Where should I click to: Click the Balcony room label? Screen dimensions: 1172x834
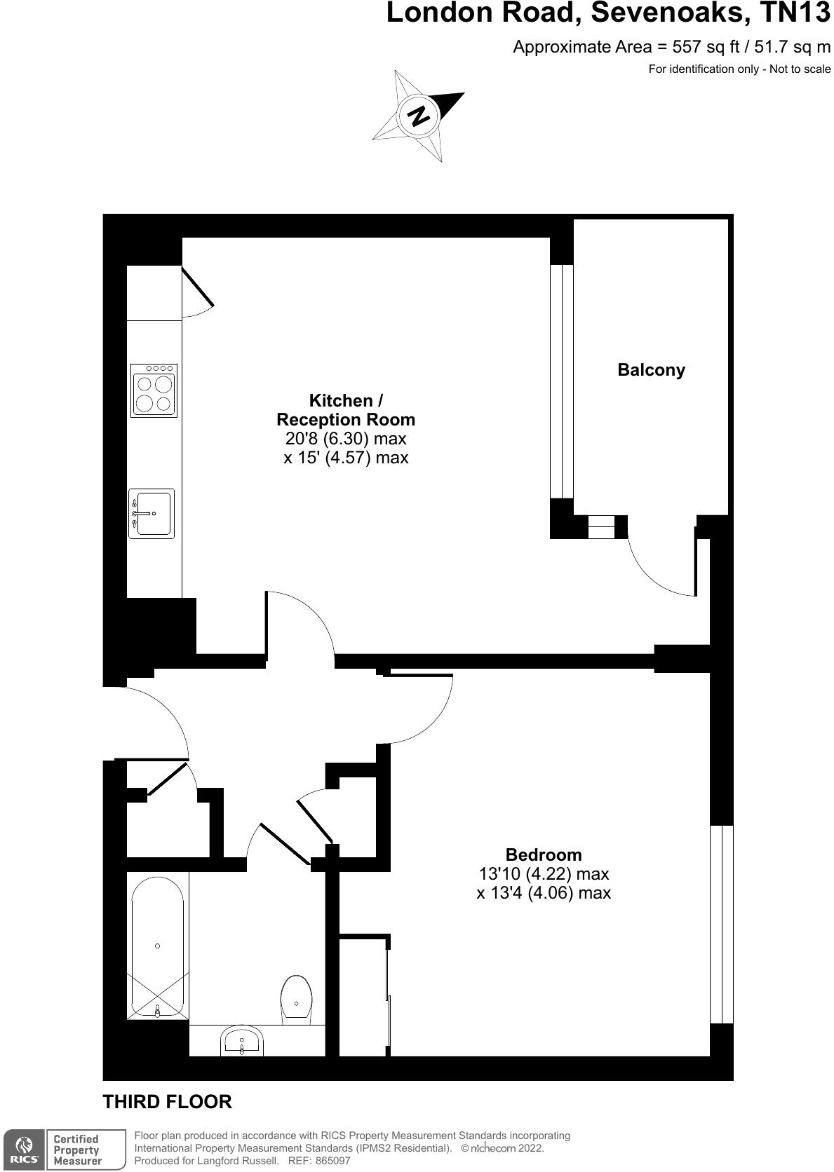(x=650, y=370)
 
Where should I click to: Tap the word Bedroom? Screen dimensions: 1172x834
(x=544, y=854)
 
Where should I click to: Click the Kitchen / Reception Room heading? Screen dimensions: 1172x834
(x=346, y=410)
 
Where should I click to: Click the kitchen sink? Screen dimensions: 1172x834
(x=151, y=514)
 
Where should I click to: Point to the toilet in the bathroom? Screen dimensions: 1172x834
(x=296, y=1000)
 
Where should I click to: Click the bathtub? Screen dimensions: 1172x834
(x=157, y=946)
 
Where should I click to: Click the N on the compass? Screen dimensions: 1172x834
(x=419, y=116)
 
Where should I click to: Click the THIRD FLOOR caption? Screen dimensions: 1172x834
(x=167, y=1102)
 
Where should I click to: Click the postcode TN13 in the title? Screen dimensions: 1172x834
(x=795, y=13)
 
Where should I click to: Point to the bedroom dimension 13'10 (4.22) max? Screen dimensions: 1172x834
(x=544, y=874)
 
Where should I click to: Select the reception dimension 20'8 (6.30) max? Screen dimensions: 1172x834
(x=346, y=439)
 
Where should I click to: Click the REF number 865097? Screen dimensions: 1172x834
(x=332, y=1161)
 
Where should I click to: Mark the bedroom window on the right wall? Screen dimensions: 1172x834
(x=721, y=924)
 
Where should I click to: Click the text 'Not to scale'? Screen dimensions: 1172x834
(x=800, y=69)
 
